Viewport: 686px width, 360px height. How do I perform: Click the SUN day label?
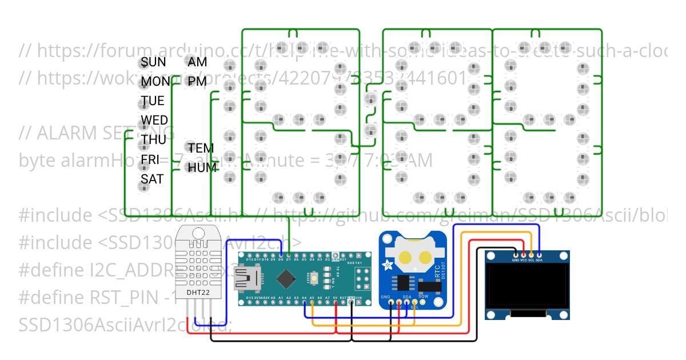(153, 62)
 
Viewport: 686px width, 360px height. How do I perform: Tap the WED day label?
(154, 120)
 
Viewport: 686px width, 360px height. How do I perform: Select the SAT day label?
(152, 179)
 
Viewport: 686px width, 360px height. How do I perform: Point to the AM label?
(197, 62)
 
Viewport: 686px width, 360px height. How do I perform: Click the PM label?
(197, 82)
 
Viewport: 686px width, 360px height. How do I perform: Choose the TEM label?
(201, 148)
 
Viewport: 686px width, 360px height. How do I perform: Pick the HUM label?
(202, 167)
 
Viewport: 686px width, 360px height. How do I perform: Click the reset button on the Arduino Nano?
(314, 278)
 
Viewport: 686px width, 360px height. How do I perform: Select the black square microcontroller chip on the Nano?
(286, 279)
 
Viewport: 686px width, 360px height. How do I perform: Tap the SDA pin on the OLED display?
(539, 255)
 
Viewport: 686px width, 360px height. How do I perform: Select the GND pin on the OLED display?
(516, 255)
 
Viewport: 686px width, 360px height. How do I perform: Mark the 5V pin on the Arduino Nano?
(335, 303)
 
